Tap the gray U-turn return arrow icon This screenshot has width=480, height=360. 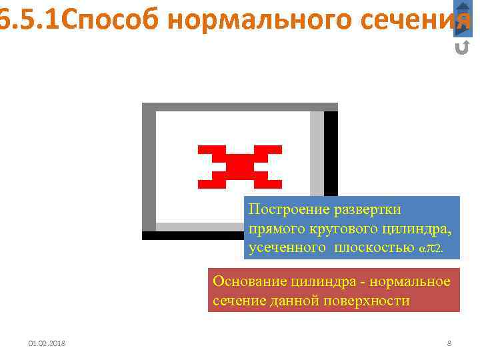[x=461, y=47]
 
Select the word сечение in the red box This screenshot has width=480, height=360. [x=237, y=300]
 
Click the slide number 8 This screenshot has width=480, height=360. [x=449, y=343]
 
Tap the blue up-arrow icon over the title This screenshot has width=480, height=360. [x=462, y=8]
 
